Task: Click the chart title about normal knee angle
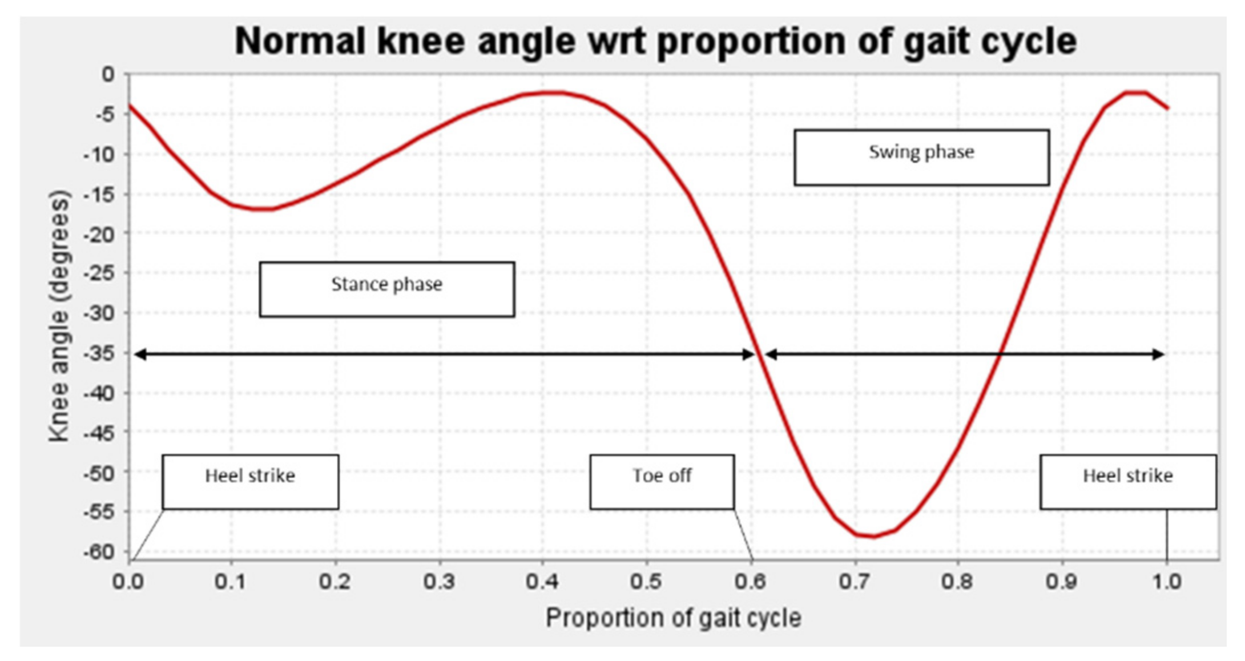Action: pos(655,41)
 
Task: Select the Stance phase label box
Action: pos(386,289)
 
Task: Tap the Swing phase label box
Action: pos(921,157)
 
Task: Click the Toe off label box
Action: pos(662,481)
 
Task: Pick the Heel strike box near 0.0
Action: pos(250,481)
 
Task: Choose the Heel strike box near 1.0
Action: pos(1127,481)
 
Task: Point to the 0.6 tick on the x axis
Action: pos(751,581)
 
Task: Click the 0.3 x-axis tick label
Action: pos(439,581)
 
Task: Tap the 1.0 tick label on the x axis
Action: pos(1166,581)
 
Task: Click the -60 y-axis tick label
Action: pos(99,552)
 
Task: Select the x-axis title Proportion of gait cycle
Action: pos(673,618)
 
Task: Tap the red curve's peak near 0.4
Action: pos(551,92)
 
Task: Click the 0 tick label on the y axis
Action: pos(108,74)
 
